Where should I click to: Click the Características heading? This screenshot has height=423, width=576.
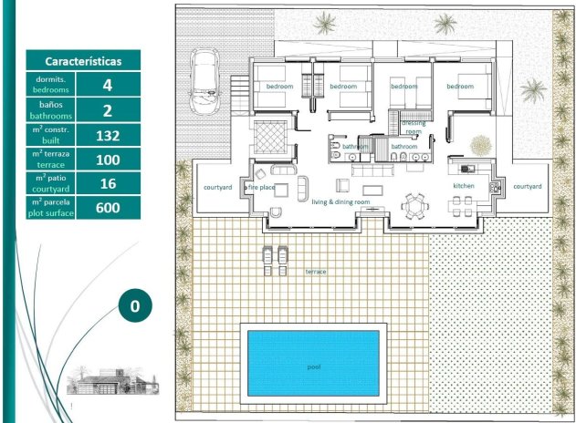83,61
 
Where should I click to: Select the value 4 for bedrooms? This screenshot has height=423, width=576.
109,86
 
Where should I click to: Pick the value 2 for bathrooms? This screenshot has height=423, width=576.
109,111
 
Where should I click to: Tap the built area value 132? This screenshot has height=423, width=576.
109,136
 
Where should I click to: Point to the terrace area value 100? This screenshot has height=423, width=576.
109,160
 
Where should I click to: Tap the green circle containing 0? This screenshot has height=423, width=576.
134,306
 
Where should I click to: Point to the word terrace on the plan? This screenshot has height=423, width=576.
316,272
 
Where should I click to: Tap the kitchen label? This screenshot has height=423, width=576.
464,186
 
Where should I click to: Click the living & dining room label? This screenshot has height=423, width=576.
340,201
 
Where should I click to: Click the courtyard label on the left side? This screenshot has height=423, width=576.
217,187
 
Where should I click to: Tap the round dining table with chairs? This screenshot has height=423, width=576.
415,207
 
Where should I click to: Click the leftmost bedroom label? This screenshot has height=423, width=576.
278,86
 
